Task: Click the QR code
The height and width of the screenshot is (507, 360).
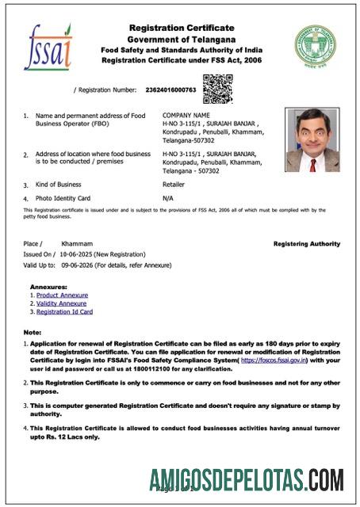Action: (217, 89)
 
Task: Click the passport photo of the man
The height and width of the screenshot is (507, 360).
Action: (312, 140)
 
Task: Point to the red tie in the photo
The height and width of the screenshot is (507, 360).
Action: (312, 165)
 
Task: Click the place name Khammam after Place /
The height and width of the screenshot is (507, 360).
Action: (77, 243)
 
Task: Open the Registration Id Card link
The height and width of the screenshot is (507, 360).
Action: (67, 312)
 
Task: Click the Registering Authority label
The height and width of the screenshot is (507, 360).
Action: (306, 244)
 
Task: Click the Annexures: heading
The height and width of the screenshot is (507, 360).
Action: (49, 286)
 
